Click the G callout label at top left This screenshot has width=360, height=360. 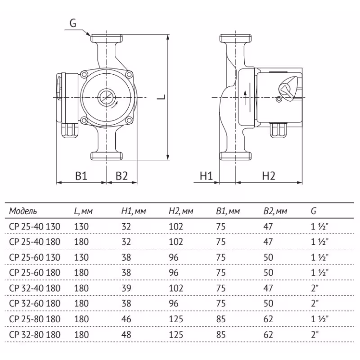73,23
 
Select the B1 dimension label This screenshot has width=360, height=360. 81,176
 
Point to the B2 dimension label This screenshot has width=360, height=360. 121,176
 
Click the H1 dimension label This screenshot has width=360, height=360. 206,176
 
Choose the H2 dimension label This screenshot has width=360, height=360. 268,176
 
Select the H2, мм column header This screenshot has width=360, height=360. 180,211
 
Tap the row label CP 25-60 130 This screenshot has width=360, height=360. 34,257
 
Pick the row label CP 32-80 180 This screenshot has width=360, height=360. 34,334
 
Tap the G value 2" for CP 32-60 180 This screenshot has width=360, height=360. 314,304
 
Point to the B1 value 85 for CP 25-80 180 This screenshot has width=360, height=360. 220,319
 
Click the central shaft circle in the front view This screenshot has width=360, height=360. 106,97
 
